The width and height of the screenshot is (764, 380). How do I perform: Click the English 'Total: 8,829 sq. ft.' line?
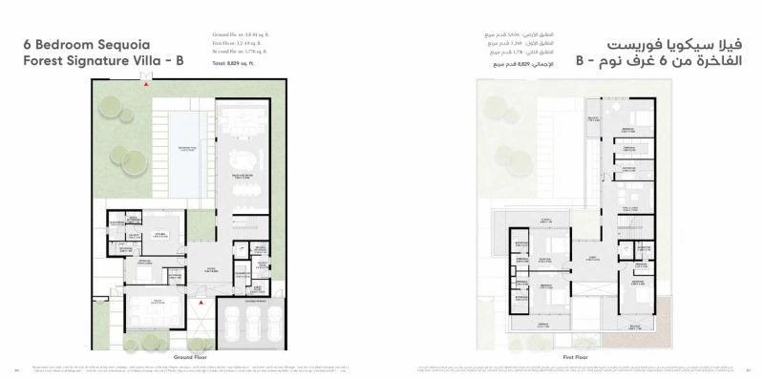[236, 62]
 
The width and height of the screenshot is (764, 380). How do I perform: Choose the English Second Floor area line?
[241, 51]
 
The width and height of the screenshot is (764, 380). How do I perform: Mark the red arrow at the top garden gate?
[146, 85]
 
